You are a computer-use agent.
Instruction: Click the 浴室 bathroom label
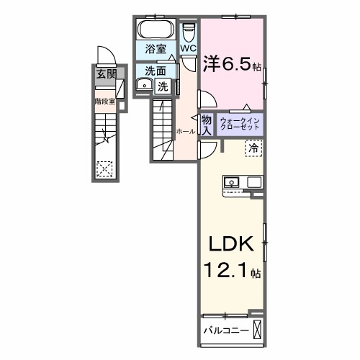pos(155,50)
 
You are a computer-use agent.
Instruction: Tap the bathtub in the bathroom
pos(153,30)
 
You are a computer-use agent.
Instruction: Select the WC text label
pos(189,48)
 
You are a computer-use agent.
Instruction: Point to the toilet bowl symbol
pos(189,32)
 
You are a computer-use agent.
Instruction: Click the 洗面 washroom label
pos(154,71)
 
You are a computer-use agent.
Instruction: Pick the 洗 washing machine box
pos(163,86)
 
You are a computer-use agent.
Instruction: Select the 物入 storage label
pos(206,125)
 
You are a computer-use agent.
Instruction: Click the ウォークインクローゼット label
pos(241,124)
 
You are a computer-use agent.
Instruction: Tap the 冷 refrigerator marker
pos(253,148)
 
